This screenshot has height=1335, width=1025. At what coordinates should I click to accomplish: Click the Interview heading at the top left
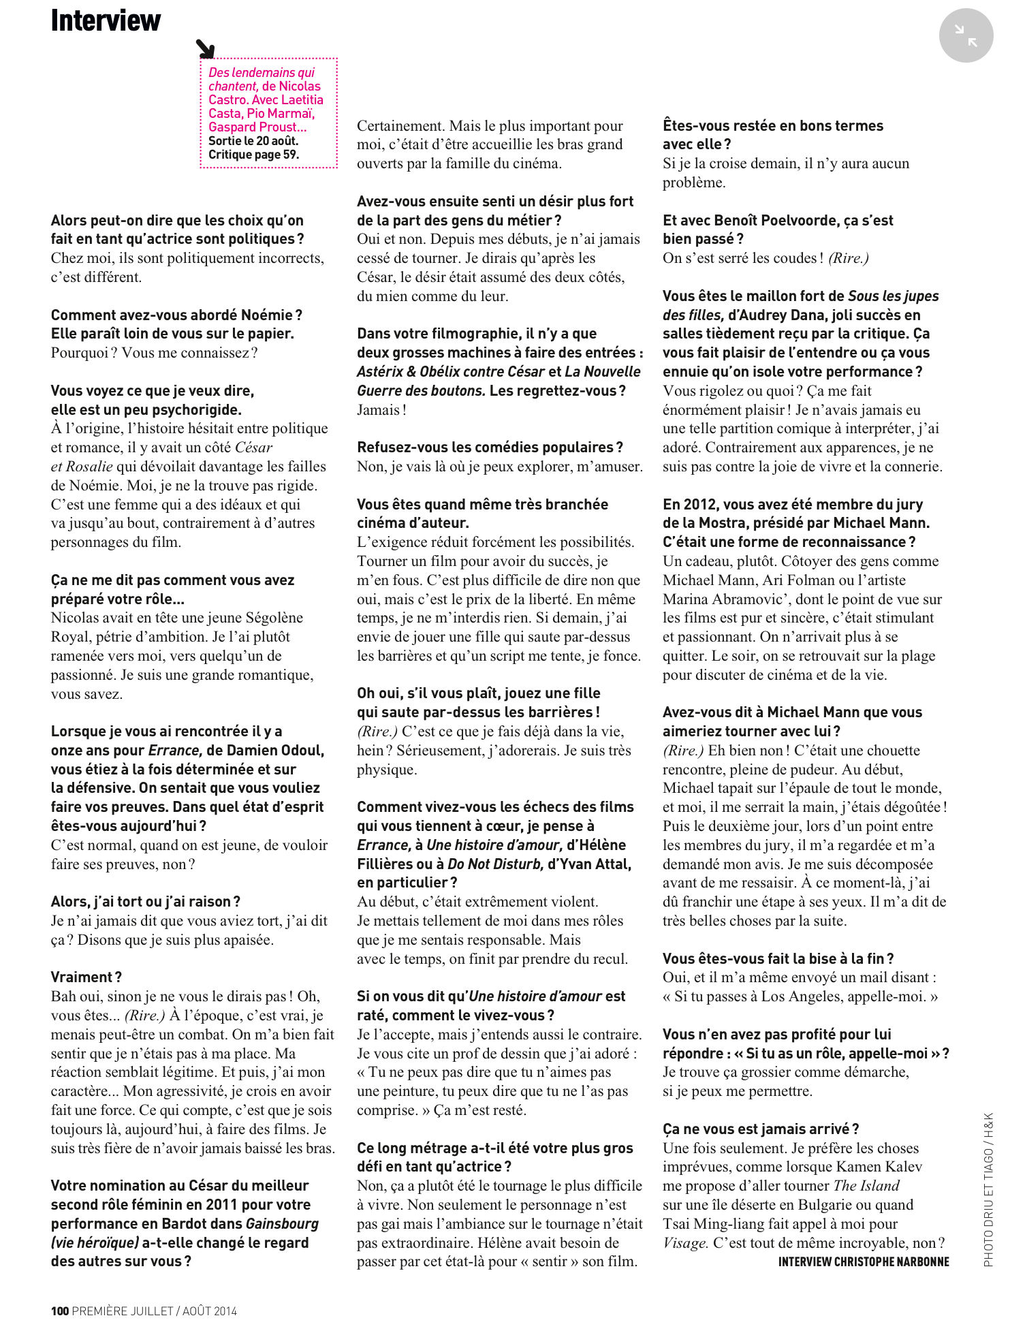coord(106,20)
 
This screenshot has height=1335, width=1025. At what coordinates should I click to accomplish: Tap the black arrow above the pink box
coord(205,48)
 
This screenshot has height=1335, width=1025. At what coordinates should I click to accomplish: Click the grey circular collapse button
coord(966,35)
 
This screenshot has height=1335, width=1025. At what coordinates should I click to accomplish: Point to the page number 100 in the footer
coord(60,1310)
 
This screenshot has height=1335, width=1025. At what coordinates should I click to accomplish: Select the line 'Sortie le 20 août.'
coord(253,141)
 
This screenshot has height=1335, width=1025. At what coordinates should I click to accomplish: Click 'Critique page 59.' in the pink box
coord(253,155)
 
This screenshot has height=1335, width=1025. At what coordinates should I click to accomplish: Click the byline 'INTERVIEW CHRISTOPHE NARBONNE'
coord(864,1261)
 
